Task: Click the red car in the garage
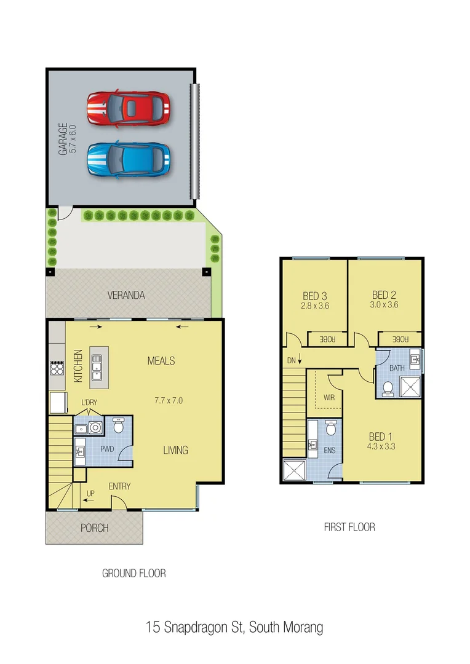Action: (x=129, y=109)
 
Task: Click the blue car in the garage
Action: (x=129, y=159)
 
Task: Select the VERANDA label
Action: (x=125, y=296)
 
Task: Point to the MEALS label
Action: (x=161, y=361)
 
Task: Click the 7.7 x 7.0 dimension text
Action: (x=169, y=400)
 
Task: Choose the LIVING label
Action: (x=175, y=450)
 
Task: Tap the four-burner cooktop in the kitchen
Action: (x=57, y=368)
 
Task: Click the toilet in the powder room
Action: (x=120, y=425)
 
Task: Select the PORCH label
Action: (x=94, y=528)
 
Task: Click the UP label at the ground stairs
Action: (x=90, y=493)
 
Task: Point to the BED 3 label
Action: (x=315, y=295)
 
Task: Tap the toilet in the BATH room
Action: (x=388, y=388)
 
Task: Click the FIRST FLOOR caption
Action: (x=349, y=527)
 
